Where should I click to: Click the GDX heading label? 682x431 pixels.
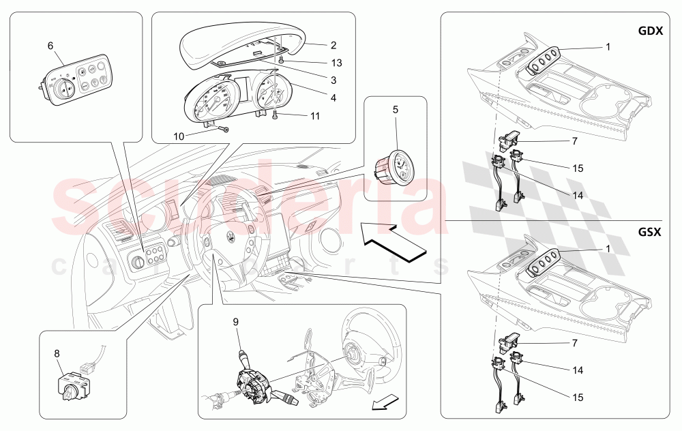pyautogui.click(x=650, y=31)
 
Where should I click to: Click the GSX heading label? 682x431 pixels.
pyautogui.click(x=650, y=232)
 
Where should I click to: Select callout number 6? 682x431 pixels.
pyautogui.click(x=50, y=46)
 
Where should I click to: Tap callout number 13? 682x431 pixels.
pyautogui.click(x=337, y=63)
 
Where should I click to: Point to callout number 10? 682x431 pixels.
pyautogui.click(x=179, y=136)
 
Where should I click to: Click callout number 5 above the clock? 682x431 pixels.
pyautogui.click(x=396, y=110)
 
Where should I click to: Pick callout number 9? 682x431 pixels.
pyautogui.click(x=236, y=322)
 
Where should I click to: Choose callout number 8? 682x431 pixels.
pyautogui.click(x=57, y=353)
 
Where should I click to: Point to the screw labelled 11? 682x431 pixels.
pyautogui.click(x=276, y=115)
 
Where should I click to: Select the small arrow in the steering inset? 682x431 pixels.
pyautogui.click(x=385, y=402)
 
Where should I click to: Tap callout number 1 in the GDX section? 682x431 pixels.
pyautogui.click(x=608, y=46)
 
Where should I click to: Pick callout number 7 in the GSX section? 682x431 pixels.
pyautogui.click(x=574, y=343)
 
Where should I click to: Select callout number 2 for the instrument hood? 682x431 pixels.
pyautogui.click(x=333, y=45)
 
